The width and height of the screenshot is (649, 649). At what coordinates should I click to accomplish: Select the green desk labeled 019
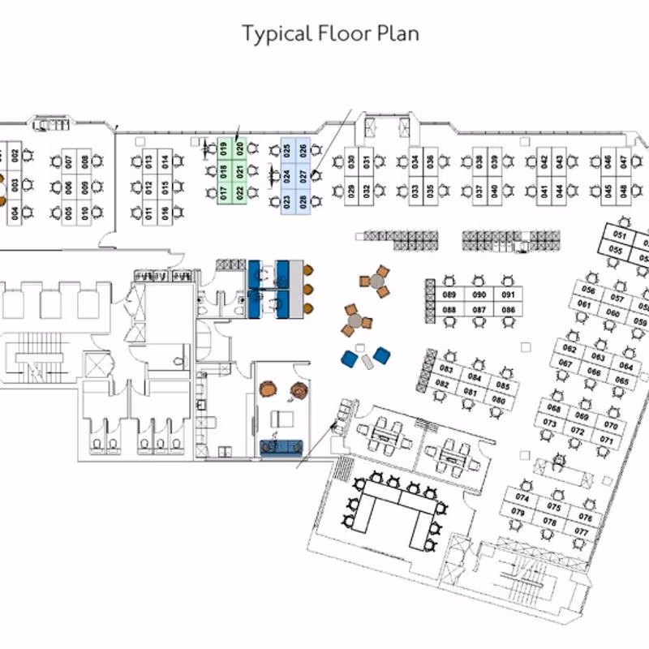(223, 148)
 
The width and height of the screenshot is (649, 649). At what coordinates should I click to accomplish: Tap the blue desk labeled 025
(286, 150)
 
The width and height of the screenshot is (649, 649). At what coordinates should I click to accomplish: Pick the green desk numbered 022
(239, 193)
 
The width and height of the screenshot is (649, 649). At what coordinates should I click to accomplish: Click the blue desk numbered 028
(303, 200)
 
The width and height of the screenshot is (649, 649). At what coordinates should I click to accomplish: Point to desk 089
(449, 294)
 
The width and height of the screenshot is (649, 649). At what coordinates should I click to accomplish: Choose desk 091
(508, 294)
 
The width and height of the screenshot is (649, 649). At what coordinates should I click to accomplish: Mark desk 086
(508, 310)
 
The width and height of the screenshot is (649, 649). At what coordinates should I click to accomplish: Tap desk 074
(522, 498)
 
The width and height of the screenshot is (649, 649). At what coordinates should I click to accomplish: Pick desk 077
(581, 531)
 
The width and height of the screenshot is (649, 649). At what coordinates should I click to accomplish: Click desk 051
(620, 235)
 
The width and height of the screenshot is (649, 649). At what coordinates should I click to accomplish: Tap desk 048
(623, 191)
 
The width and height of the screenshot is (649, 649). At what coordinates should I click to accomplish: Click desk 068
(554, 408)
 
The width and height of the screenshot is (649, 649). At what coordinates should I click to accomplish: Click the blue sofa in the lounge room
(281, 446)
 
